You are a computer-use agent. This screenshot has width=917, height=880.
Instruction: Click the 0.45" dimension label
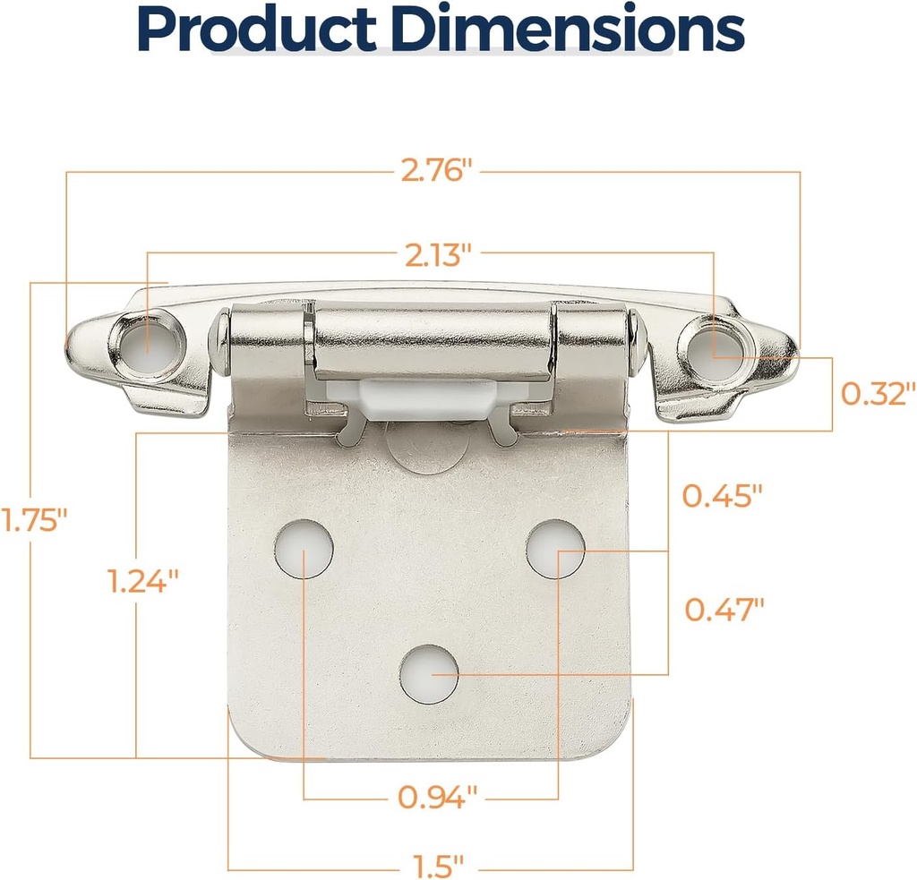click(x=722, y=495)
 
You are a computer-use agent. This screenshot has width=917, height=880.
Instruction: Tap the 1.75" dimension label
click(x=34, y=520)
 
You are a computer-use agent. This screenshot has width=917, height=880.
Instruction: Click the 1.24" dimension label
click(x=143, y=582)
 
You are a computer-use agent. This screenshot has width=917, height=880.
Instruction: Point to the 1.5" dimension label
click(x=439, y=867)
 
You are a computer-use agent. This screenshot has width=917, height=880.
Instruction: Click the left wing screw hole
click(x=148, y=342)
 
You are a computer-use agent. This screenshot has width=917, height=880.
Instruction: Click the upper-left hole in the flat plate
click(x=304, y=547)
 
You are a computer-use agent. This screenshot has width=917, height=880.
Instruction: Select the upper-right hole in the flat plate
click(x=555, y=549)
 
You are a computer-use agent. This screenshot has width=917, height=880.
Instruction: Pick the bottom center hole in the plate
click(x=430, y=673)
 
